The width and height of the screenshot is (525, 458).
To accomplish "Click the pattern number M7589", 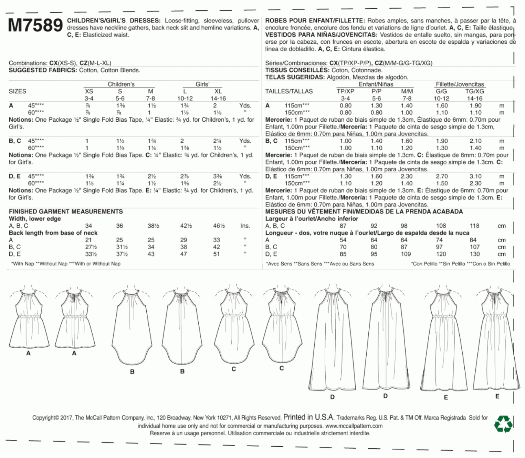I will (35, 26).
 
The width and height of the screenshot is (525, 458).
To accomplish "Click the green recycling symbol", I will (503, 424).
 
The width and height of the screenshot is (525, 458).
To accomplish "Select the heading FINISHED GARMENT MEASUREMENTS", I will (66, 212).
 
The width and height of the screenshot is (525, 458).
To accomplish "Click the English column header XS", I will (89, 91).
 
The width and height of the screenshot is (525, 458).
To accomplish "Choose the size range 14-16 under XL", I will (218, 99).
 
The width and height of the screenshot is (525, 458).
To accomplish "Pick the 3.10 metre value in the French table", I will (475, 176).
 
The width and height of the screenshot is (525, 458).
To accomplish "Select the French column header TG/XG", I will (475, 91).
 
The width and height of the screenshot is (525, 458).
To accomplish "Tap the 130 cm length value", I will (475, 254).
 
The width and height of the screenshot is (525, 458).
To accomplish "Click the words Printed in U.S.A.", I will (309, 417).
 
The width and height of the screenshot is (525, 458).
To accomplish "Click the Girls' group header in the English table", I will (202, 84).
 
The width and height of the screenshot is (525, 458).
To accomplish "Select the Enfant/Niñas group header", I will (376, 84).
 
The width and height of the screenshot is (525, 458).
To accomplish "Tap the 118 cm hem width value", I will (474, 226).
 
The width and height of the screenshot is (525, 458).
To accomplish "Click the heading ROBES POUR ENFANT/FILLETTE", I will (315, 21).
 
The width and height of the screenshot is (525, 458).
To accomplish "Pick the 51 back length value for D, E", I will (216, 254).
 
